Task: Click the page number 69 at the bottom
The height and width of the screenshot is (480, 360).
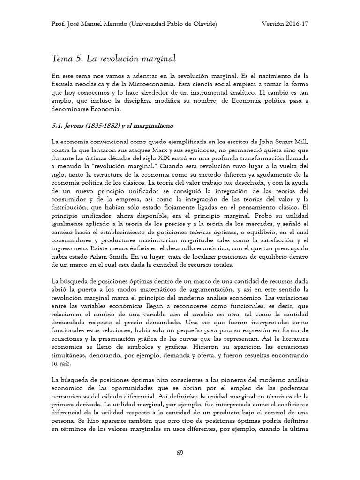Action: click(180, 452)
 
